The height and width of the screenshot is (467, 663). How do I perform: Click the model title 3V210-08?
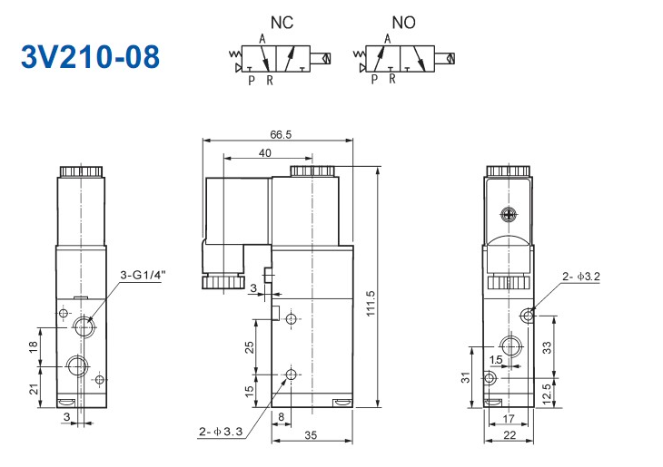point(90,56)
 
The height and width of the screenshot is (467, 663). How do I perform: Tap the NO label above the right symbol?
point(403,19)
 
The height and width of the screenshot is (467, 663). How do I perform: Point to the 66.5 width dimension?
point(280,134)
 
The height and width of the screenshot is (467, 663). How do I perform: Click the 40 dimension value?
point(264,153)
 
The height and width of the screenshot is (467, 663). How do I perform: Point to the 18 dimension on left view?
point(33,345)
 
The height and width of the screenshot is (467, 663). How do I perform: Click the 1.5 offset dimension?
point(496,360)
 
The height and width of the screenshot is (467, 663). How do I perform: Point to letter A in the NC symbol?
point(262,38)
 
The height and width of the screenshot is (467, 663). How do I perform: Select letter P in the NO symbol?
point(374,80)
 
